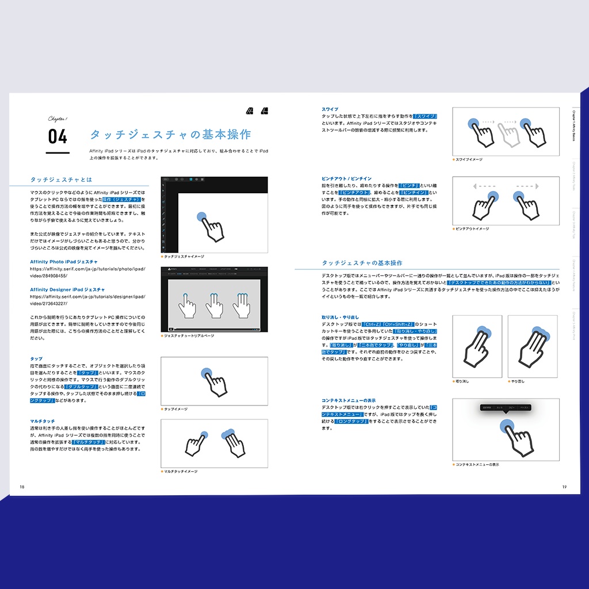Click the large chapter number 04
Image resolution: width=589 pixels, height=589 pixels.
(x=58, y=137)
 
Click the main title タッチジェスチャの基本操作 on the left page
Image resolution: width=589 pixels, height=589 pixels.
(x=170, y=135)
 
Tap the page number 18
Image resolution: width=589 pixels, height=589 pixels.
(x=22, y=487)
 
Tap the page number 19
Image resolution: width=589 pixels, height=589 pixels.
(x=564, y=487)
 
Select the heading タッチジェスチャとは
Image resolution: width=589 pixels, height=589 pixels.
(x=61, y=179)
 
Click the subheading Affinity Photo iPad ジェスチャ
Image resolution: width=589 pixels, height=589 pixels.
(x=63, y=262)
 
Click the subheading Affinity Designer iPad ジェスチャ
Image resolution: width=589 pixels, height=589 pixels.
(x=67, y=289)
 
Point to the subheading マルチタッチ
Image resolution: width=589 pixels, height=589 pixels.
(x=43, y=421)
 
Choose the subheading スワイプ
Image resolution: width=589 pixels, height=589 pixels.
(x=330, y=109)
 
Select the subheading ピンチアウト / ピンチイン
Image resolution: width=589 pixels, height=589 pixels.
(x=346, y=178)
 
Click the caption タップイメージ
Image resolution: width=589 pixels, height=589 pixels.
(x=175, y=409)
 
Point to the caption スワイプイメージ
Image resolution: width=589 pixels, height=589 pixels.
(x=469, y=159)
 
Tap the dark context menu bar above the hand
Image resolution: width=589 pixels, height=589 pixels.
(x=505, y=407)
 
